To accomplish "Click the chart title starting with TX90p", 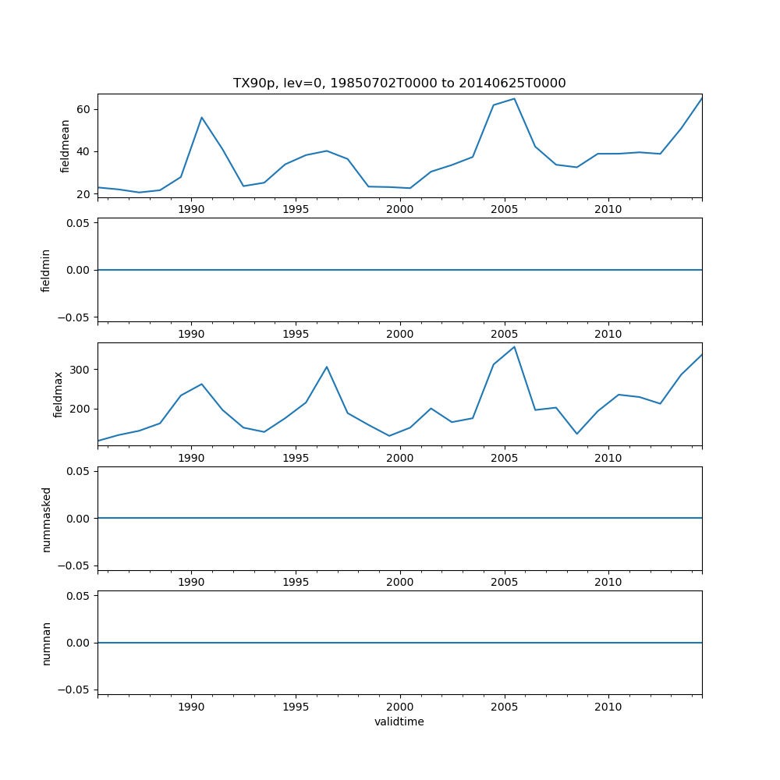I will [399, 83].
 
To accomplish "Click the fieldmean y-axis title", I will [66, 146].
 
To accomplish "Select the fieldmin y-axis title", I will [46, 270].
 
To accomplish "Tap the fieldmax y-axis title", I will [58, 394].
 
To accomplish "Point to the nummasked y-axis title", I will [46, 519].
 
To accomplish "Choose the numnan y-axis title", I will [46, 643].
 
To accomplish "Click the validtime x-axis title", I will [399, 721].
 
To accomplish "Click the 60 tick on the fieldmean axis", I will [82, 109].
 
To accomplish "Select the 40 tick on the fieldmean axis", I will [82, 151].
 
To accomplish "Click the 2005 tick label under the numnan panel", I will [504, 707].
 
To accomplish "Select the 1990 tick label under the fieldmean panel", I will [191, 209].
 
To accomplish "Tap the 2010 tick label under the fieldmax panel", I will [608, 458].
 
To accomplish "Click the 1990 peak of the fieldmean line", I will [201, 118].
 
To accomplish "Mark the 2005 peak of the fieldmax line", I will [514, 347].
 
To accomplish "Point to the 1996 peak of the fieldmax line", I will [327, 367].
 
